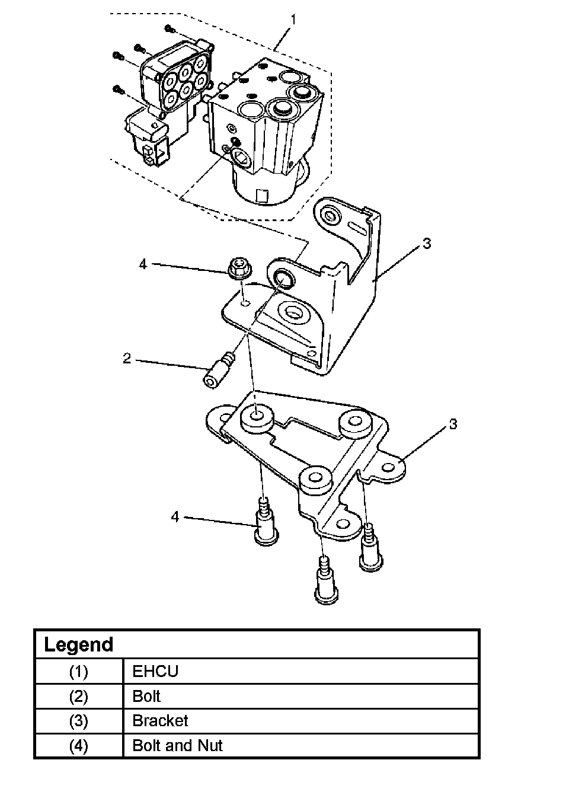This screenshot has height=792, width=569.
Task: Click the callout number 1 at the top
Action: click(x=293, y=20)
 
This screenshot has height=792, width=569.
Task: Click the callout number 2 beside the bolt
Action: click(x=127, y=359)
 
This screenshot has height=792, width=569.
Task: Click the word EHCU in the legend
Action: click(x=155, y=671)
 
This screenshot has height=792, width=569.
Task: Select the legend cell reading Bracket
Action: click(x=160, y=721)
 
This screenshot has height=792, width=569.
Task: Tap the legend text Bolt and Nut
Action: click(x=177, y=745)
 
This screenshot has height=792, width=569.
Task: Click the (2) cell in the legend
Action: click(x=78, y=696)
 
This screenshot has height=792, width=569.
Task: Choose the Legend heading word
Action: click(x=79, y=644)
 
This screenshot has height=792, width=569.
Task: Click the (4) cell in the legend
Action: click(x=78, y=746)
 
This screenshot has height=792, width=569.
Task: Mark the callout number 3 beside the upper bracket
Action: click(x=427, y=243)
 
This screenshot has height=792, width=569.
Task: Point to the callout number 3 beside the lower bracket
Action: click(x=453, y=424)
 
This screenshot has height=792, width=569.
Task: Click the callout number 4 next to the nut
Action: click(x=143, y=264)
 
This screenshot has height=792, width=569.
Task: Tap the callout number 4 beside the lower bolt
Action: click(x=175, y=517)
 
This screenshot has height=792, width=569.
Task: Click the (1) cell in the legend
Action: click(x=78, y=671)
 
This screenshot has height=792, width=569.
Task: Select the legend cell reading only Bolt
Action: click(x=146, y=696)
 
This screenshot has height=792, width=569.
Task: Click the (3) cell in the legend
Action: click(x=78, y=721)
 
